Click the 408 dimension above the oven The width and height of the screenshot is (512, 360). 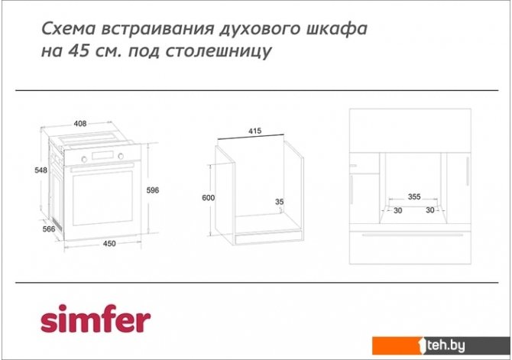tap(80, 124)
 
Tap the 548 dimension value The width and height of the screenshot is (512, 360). tap(41, 170)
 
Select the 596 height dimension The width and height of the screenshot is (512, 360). tap(153, 190)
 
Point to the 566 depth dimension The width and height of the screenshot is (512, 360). tap(49, 229)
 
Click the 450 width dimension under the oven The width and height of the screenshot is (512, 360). tap(109, 243)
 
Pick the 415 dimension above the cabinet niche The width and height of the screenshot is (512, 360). tap(254, 131)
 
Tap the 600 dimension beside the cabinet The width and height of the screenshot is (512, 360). tap(209, 198)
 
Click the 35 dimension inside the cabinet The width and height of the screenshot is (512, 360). tap(279, 202)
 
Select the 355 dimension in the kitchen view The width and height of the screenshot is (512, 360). tap(414, 196)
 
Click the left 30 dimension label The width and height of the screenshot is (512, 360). tap(397, 210)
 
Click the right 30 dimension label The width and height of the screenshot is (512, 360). tap(430, 210)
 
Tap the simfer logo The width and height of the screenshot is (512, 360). tap(96, 318)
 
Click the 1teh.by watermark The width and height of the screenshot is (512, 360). tap(442, 345)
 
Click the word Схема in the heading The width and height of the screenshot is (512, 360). tap(69, 28)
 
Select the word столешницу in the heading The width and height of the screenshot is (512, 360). tap(219, 52)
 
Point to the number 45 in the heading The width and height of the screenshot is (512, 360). tap(79, 50)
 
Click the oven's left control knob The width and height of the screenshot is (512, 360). tap(84, 159)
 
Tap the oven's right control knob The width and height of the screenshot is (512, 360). tap(121, 156)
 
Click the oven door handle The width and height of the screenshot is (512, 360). tap(102, 167)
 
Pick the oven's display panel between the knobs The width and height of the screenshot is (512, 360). tap(102, 155)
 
